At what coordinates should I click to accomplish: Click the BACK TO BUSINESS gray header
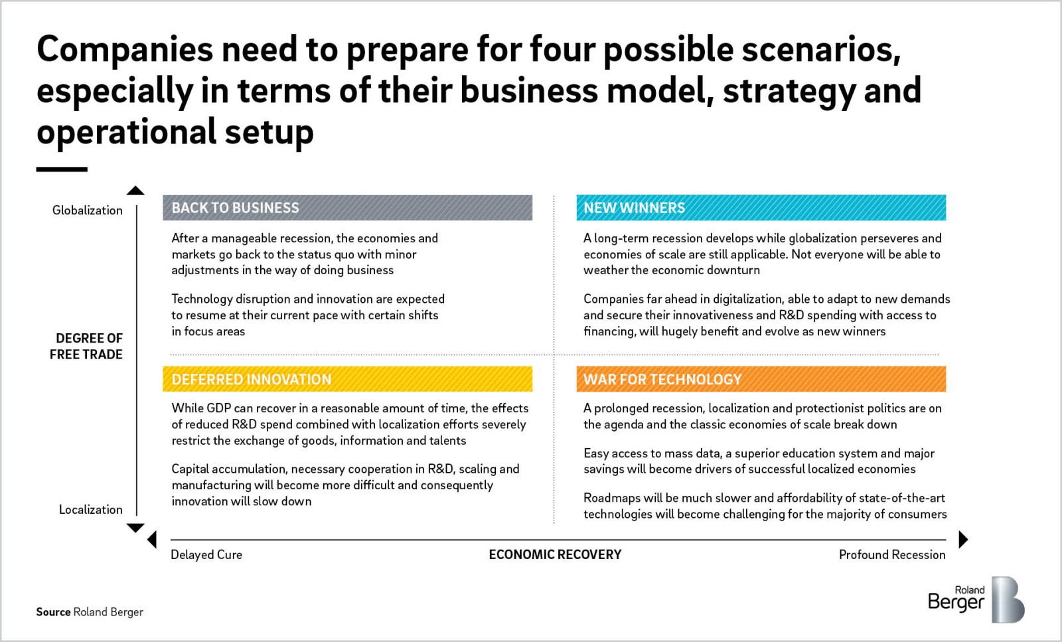[348, 208]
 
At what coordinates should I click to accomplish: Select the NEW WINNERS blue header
[761, 208]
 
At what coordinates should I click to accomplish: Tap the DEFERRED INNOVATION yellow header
[348, 379]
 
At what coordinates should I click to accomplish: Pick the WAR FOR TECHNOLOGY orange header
[761, 379]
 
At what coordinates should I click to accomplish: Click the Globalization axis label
[87, 210]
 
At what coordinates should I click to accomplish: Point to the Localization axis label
[90, 510]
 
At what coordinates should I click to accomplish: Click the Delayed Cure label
[206, 555]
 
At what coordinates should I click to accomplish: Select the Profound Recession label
[892, 555]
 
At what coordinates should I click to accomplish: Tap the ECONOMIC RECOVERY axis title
[555, 555]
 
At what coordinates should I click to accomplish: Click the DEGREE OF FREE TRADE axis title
[86, 346]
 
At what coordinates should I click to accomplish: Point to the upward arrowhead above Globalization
[135, 190]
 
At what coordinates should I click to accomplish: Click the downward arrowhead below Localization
[135, 528]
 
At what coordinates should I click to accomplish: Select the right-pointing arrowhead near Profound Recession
[963, 539]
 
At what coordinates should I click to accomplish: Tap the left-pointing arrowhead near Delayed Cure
[152, 539]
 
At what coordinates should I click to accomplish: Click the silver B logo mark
[1008, 600]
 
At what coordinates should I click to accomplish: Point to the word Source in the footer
[53, 612]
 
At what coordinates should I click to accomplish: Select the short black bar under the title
[62, 169]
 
